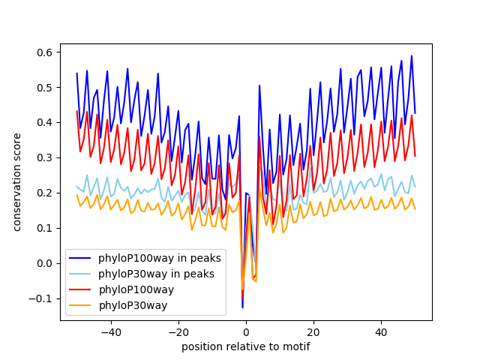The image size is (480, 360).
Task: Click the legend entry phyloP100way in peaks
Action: (x=159, y=258)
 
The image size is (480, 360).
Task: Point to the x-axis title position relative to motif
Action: (x=245, y=346)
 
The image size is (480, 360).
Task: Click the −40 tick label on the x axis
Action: (x=111, y=331)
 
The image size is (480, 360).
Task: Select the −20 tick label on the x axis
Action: (x=178, y=331)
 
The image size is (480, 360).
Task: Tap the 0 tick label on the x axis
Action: (x=246, y=331)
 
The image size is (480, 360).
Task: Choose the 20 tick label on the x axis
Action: (x=313, y=331)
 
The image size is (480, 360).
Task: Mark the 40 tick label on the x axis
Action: (x=381, y=331)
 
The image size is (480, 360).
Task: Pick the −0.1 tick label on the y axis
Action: (x=41, y=298)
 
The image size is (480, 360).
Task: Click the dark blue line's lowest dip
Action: (x=242, y=307)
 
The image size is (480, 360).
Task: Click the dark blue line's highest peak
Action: (x=411, y=55)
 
